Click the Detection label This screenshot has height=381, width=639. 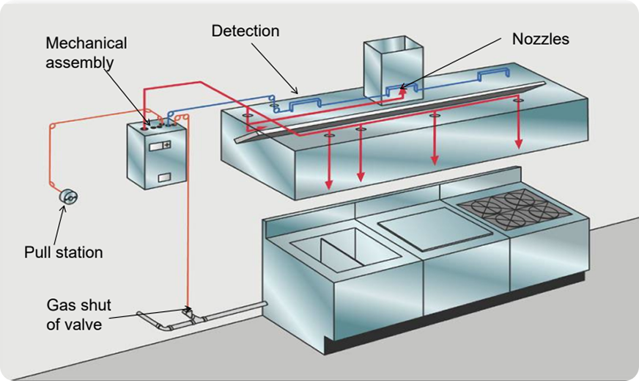245,31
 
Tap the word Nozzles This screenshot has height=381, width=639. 540,39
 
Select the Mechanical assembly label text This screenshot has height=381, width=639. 86,53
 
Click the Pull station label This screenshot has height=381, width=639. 63,253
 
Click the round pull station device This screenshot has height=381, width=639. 68,197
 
